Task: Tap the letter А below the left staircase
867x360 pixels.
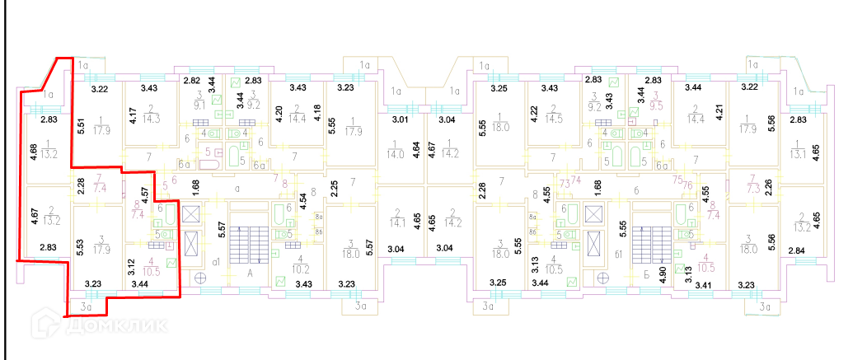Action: pyautogui.click(x=249, y=271)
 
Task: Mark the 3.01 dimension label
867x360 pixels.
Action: pyautogui.click(x=399, y=120)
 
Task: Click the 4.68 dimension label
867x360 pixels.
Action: pyautogui.click(x=32, y=153)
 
